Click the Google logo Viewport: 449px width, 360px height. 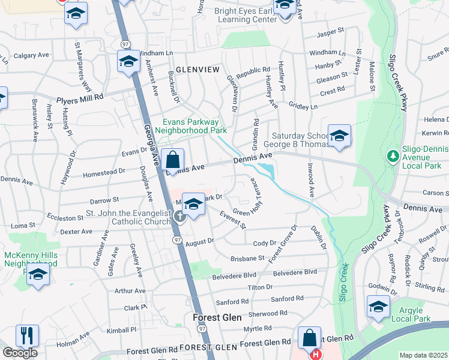click(20, 353)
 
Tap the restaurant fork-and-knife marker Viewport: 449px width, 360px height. click(27, 335)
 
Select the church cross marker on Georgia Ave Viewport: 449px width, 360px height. click(180, 217)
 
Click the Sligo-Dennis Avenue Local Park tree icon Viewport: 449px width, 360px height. click(393, 156)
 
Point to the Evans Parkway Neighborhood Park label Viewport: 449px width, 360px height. click(191, 126)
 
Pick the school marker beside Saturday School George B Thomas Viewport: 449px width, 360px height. click(339, 136)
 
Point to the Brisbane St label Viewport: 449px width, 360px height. click(247, 258)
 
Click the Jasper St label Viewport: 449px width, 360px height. click(330, 30)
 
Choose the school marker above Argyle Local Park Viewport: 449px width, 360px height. click(378, 307)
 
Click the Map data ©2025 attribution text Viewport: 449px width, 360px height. click(424, 355)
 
